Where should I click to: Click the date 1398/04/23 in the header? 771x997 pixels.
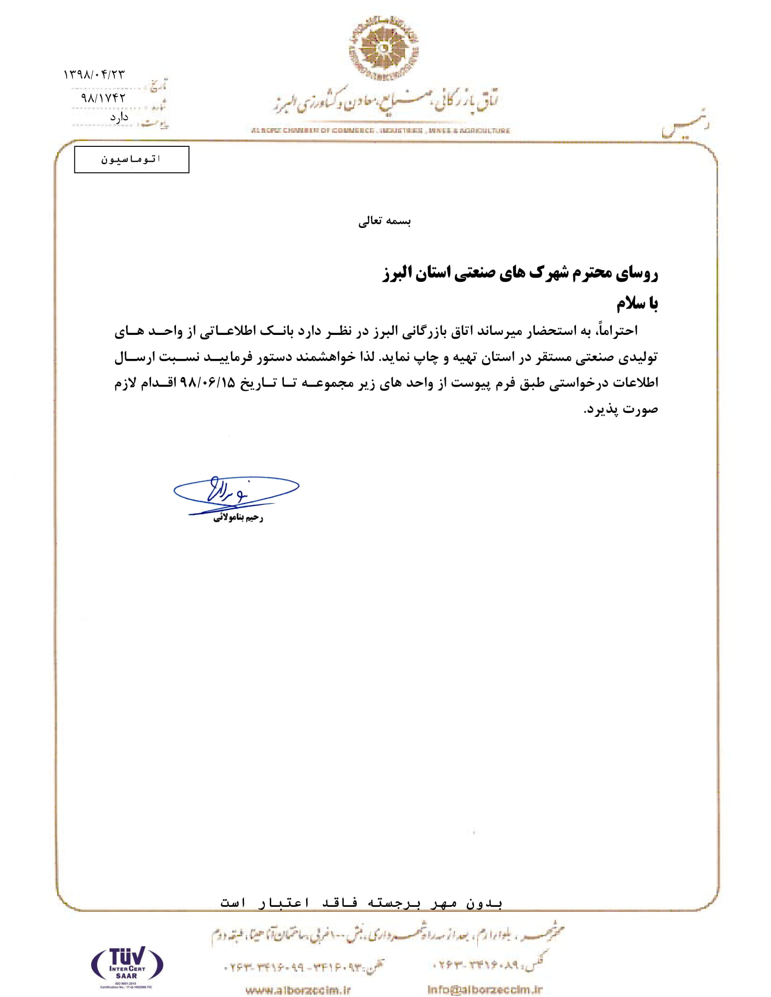[x=93, y=74]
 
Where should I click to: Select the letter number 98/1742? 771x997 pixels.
[x=103, y=98]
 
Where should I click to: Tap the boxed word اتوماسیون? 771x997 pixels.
[x=131, y=160]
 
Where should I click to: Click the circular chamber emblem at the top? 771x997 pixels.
[x=384, y=48]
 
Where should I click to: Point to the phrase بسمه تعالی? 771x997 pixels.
[x=385, y=222]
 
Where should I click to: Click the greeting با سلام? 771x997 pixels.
[x=637, y=304]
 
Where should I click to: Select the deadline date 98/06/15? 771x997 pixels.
[x=208, y=382]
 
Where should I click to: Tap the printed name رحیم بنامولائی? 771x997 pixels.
[x=238, y=518]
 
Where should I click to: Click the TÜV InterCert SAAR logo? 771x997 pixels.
[x=127, y=963]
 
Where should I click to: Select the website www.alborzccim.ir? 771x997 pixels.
[x=298, y=990]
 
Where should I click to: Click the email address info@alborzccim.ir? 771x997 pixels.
[x=485, y=989]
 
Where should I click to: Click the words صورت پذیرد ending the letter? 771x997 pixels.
[x=621, y=409]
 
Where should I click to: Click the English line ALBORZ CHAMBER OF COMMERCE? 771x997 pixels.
[x=380, y=131]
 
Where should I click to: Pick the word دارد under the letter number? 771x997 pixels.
[x=119, y=117]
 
